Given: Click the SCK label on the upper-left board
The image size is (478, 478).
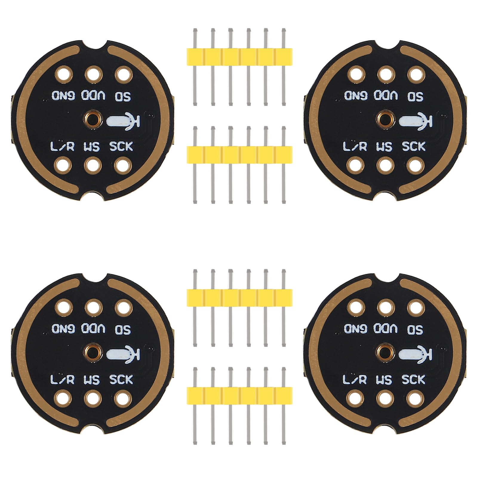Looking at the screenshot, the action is [121, 147].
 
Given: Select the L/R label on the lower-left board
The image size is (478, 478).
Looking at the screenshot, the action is [62, 379].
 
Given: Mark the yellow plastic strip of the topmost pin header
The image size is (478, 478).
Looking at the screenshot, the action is [239, 56].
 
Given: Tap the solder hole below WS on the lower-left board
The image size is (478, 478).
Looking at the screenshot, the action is [93, 398].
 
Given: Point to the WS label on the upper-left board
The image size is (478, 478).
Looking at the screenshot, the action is [92, 147].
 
